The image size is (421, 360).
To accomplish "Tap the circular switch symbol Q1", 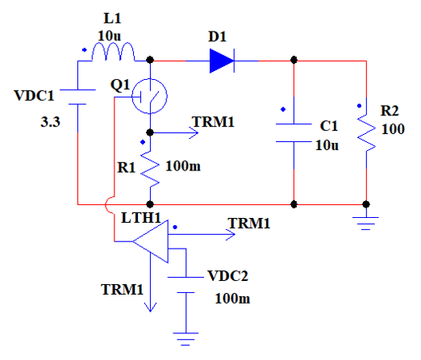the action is tap(149, 96).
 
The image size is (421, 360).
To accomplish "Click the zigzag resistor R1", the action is tap(150, 169).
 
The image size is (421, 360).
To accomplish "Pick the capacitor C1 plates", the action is tap(294, 133).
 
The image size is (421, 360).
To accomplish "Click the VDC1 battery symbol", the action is tap(77, 97).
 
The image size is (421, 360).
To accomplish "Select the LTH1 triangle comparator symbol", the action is tap(151, 241).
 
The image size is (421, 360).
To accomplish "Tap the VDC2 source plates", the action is tap(185, 285).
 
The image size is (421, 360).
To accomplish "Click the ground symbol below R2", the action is tap(365, 224).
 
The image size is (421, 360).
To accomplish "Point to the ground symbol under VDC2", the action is tap(185, 339).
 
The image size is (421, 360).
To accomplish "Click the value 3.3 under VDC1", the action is tap(50, 122).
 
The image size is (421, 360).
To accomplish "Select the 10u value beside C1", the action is tap(327, 145).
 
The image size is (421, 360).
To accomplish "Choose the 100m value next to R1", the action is tap(183, 166).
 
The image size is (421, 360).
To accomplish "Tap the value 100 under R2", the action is tap(393, 129).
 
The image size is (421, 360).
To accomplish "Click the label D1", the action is tap(217, 36).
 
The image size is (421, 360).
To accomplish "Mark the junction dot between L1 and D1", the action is tap(150, 60).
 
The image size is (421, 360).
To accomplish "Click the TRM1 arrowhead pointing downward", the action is tap(150, 308).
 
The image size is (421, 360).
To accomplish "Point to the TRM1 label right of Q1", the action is tap(213, 122).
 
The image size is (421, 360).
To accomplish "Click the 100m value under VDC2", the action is tap(232, 299).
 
